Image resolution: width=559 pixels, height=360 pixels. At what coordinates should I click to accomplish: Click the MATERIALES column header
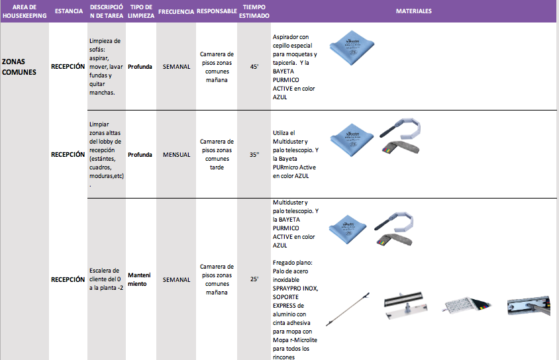tap(414, 11)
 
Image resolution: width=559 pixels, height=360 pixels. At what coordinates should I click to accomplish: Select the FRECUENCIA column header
tap(176, 12)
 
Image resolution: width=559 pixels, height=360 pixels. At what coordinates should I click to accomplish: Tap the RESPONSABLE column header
tap(217, 12)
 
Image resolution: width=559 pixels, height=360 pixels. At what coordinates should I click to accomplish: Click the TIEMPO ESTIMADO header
tap(254, 11)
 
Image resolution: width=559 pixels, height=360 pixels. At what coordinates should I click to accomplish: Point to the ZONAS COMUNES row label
tap(19, 66)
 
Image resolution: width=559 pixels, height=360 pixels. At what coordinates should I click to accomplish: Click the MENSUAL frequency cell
tap(176, 154)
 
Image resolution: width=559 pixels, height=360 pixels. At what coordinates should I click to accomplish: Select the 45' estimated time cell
tap(254, 66)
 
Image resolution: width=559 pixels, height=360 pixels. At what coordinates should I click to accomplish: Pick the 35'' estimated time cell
tap(254, 154)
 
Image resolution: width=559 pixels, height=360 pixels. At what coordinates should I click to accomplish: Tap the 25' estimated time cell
tap(254, 279)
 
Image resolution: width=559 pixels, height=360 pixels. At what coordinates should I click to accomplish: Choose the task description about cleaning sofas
tap(105, 66)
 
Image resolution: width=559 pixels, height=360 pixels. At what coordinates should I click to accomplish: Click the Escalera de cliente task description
tap(105, 279)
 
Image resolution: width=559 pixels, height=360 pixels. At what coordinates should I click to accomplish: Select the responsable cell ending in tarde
tap(217, 154)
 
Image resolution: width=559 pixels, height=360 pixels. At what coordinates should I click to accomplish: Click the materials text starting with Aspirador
tap(295, 66)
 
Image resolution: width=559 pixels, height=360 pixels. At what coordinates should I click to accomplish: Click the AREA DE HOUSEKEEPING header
tap(24, 11)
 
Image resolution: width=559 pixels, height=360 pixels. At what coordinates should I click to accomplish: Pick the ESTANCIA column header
tap(68, 12)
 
